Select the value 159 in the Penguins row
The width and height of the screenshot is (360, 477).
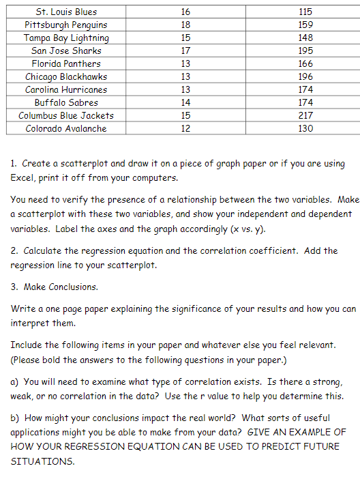pos(305,25)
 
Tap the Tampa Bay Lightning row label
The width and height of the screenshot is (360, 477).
pos(66,38)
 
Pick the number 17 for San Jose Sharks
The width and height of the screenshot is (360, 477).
pos(186,50)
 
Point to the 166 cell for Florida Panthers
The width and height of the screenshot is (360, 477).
pos(305,63)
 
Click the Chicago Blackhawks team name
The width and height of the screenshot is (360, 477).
pos(66,76)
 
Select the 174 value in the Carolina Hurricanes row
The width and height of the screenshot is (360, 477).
pos(305,89)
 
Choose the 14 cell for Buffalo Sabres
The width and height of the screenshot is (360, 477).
pos(186,102)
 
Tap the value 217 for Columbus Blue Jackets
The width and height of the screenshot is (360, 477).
pos(305,115)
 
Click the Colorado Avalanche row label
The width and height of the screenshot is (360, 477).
pos(66,128)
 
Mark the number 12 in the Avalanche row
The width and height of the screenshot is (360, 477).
pos(186,128)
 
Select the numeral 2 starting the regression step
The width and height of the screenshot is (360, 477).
pos(14,250)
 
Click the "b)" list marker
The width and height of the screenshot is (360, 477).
pos(16,418)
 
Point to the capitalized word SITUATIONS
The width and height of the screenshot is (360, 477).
pos(43,461)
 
